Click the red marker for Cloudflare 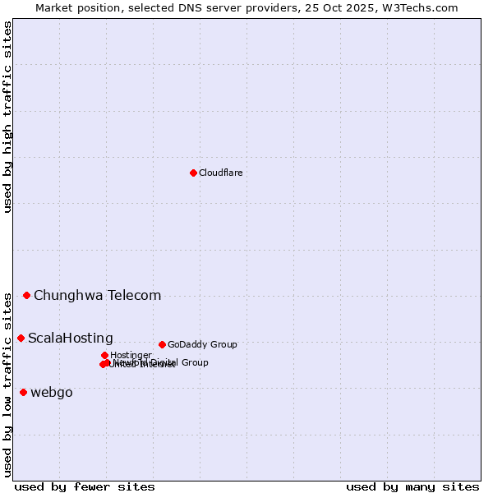pos(193,173)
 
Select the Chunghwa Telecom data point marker pos(26,295)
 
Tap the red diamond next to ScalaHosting pos(21,338)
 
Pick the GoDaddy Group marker pos(162,344)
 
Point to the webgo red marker pos(23,392)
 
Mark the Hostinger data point pos(104,355)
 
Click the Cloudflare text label pos(220,173)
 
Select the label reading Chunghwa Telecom pos(97,295)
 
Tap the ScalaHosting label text pos(71,338)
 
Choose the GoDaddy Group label pos(202,344)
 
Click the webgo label pos(52,392)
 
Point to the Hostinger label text pos(131,355)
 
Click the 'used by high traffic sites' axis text pos(8,117)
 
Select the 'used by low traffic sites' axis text pos(8,384)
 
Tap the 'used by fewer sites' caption pos(85,486)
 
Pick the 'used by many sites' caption pos(412,486)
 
